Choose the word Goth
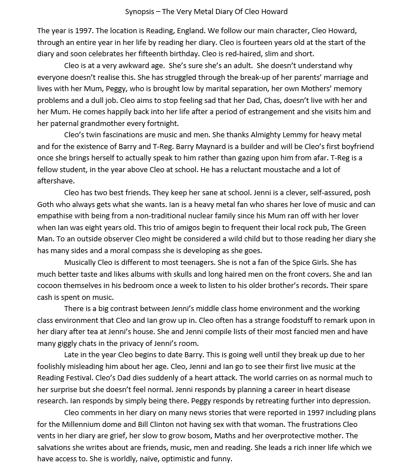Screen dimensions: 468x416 pyautogui.click(x=47, y=205)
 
